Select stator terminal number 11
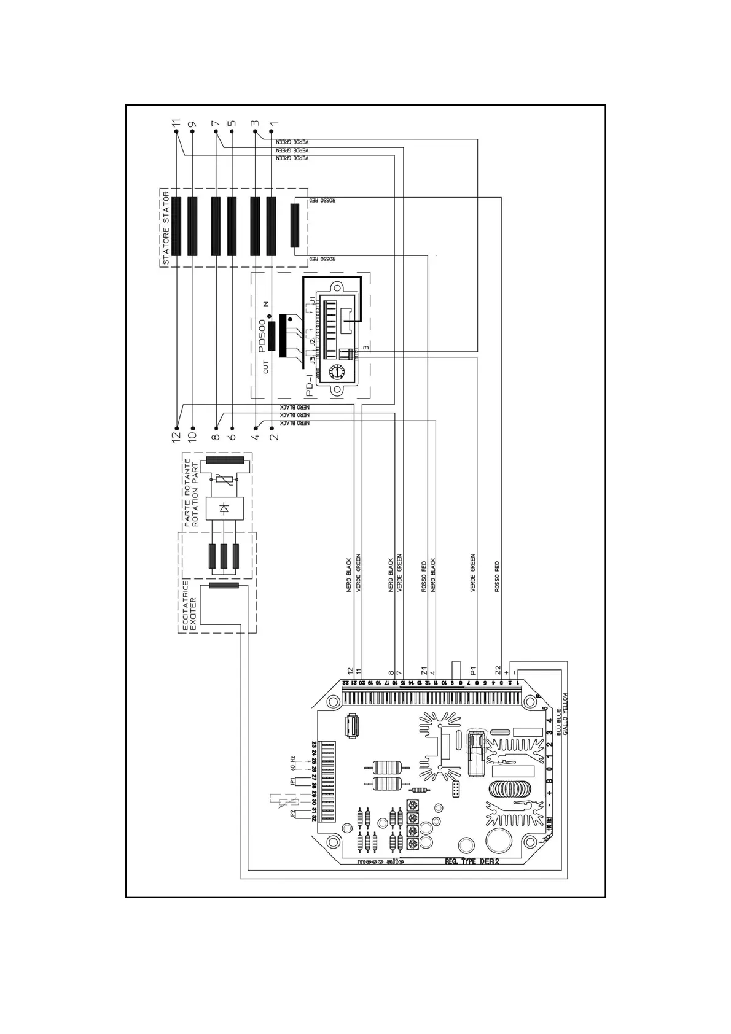(x=177, y=123)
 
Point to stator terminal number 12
(x=177, y=436)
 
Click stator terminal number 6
(x=232, y=436)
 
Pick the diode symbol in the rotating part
(x=224, y=508)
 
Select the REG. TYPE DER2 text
(x=472, y=861)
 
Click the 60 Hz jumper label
(x=292, y=762)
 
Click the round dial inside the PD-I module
(x=335, y=372)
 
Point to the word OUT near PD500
(x=266, y=367)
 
